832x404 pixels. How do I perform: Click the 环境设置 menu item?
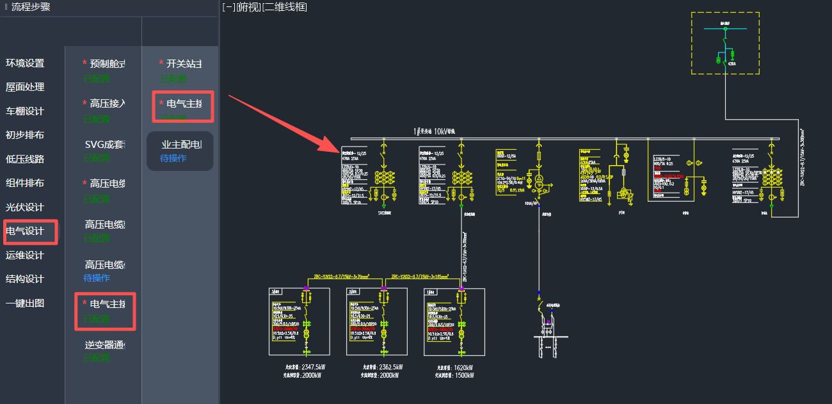(x=25, y=63)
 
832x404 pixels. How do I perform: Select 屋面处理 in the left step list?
(x=25, y=87)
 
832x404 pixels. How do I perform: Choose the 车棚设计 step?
(x=25, y=111)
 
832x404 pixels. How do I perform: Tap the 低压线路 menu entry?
(x=25, y=159)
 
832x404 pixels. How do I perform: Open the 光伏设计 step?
(x=25, y=207)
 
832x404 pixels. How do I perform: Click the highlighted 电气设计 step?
(x=25, y=231)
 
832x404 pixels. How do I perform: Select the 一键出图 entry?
(x=25, y=303)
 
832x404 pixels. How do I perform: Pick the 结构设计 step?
(x=25, y=279)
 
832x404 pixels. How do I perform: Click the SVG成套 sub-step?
(x=104, y=145)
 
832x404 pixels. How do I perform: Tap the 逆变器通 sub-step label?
(x=104, y=345)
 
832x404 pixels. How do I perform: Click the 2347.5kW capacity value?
(x=313, y=368)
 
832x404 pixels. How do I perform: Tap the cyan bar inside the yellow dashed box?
(x=725, y=28)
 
